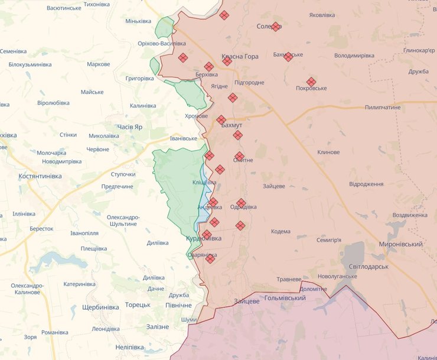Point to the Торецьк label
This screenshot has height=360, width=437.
pyautogui.click(x=138, y=305)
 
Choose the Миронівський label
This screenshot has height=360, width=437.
pyautogui.click(x=402, y=244)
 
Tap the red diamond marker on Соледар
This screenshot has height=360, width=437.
pyautogui.click(x=275, y=27)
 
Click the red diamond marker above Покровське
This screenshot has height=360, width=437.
pyautogui.click(x=311, y=82)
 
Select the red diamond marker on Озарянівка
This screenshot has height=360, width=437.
pyautogui.click(x=210, y=258)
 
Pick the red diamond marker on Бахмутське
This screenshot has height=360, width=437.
pyautogui.click(x=288, y=57)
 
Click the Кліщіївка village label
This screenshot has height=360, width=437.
pyautogui.click(x=204, y=183)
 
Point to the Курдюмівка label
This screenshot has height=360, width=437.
pyautogui.click(x=204, y=238)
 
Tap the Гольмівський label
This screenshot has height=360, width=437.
pyautogui.click(x=285, y=299)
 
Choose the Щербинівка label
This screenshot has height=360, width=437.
pyautogui.click(x=101, y=307)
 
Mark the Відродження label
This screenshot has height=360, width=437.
pyautogui.click(x=366, y=184)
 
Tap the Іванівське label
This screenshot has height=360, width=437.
pyautogui.click(x=183, y=138)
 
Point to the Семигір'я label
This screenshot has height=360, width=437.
pyautogui.click(x=329, y=240)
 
